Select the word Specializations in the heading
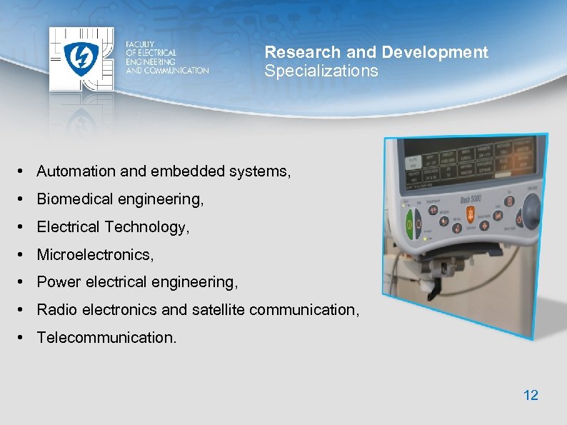[x=321, y=71]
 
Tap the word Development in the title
[x=435, y=52]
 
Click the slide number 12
[x=531, y=395]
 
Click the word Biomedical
[x=74, y=199]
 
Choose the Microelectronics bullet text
[x=95, y=254]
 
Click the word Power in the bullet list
[x=59, y=282]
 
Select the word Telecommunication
[x=106, y=337]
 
